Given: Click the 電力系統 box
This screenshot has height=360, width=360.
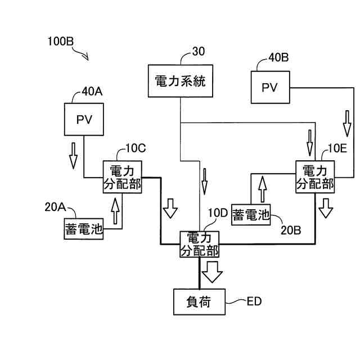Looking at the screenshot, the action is click(181, 81).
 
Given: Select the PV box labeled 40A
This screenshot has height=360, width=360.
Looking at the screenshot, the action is click(84, 119).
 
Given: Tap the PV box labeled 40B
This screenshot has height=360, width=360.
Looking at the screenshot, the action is click(270, 87).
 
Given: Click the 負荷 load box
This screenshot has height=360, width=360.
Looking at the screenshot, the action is click(199, 301).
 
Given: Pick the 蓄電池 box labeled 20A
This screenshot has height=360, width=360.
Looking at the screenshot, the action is click(84, 229).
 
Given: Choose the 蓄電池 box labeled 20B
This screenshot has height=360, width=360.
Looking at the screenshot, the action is click(251, 215).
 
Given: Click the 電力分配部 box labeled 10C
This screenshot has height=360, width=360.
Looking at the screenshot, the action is click(123, 177).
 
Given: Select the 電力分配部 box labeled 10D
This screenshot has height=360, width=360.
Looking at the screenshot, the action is click(199, 244).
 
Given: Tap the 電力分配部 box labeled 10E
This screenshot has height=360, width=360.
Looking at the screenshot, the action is click(315, 177).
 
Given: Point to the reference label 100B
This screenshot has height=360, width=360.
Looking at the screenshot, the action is click(60, 42).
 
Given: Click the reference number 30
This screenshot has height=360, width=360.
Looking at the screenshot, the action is click(199, 51).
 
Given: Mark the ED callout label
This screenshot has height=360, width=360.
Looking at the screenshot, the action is click(254, 301).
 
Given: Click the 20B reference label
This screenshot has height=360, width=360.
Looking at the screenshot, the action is click(291, 230).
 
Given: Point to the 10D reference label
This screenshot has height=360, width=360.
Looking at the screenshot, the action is click(218, 213).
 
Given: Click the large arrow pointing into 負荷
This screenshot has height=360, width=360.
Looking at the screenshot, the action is click(212, 272).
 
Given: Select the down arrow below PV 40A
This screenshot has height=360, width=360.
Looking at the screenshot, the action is click(73, 156).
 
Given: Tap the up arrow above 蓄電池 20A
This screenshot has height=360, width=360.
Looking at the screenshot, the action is click(115, 211).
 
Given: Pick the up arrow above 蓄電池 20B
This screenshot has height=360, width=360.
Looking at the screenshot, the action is click(263, 189).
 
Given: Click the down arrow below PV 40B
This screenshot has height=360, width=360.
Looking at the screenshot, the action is click(347, 124).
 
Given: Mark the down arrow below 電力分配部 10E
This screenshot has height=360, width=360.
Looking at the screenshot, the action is click(326, 208).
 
